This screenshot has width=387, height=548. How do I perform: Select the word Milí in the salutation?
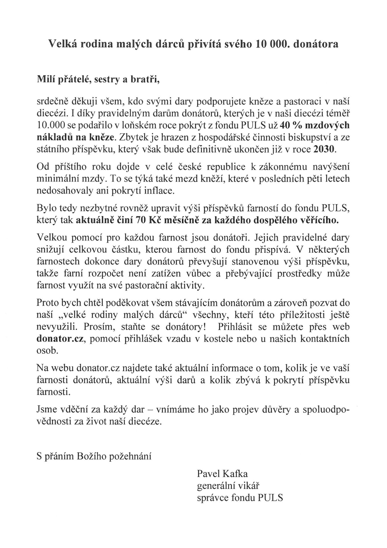coord(46,79)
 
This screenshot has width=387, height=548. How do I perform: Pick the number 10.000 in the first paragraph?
coord(51,126)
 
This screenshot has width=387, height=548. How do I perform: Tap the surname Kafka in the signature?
coord(235,474)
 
